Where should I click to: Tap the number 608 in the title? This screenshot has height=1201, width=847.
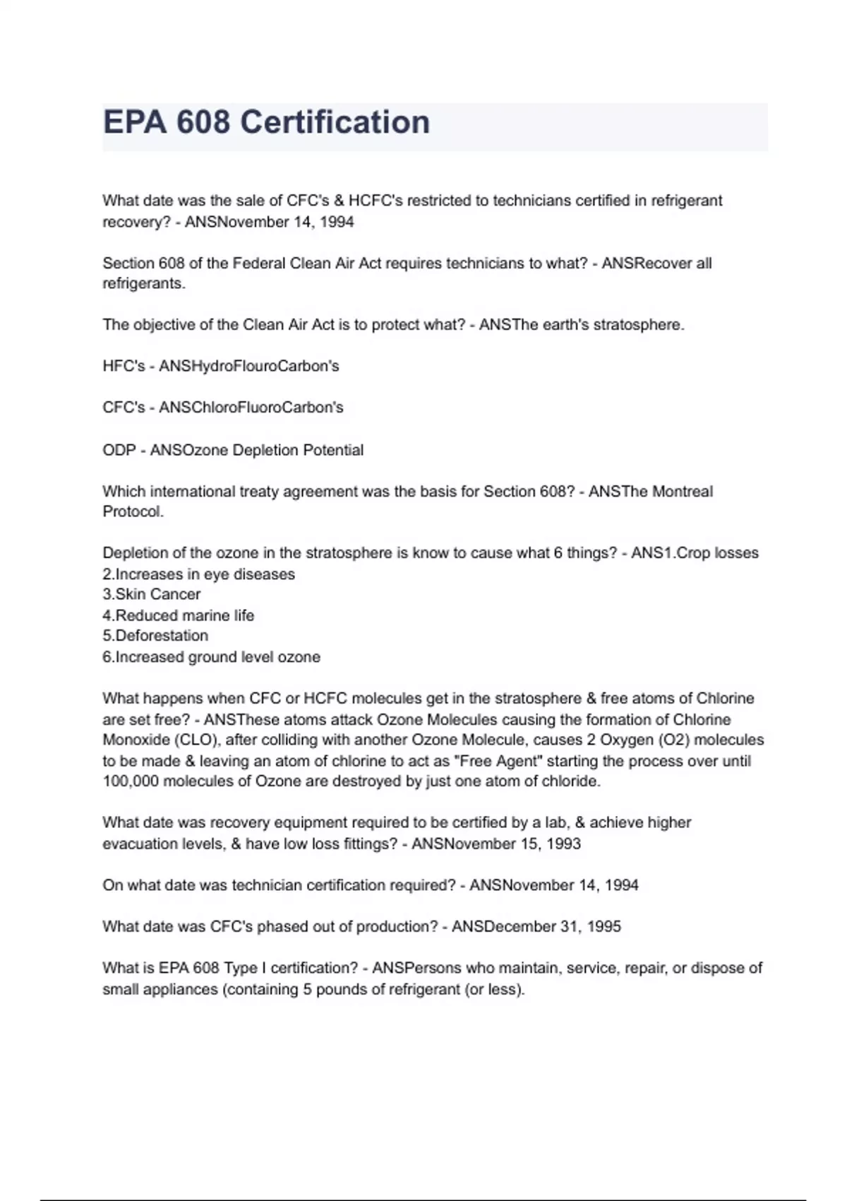[x=203, y=122]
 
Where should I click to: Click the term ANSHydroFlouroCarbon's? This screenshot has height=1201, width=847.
[x=248, y=366]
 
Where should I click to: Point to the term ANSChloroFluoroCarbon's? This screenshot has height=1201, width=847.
[x=251, y=408]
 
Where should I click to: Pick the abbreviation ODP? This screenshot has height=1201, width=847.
[x=119, y=450]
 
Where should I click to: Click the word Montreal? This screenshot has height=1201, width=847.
[x=681, y=491]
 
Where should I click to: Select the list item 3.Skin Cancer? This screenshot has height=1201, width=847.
[x=151, y=594]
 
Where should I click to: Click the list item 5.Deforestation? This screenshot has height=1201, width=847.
[x=155, y=635]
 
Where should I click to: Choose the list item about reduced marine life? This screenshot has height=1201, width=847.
[x=178, y=615]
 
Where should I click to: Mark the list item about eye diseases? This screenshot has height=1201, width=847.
[x=198, y=574]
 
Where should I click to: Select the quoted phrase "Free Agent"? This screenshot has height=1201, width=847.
[x=501, y=761]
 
